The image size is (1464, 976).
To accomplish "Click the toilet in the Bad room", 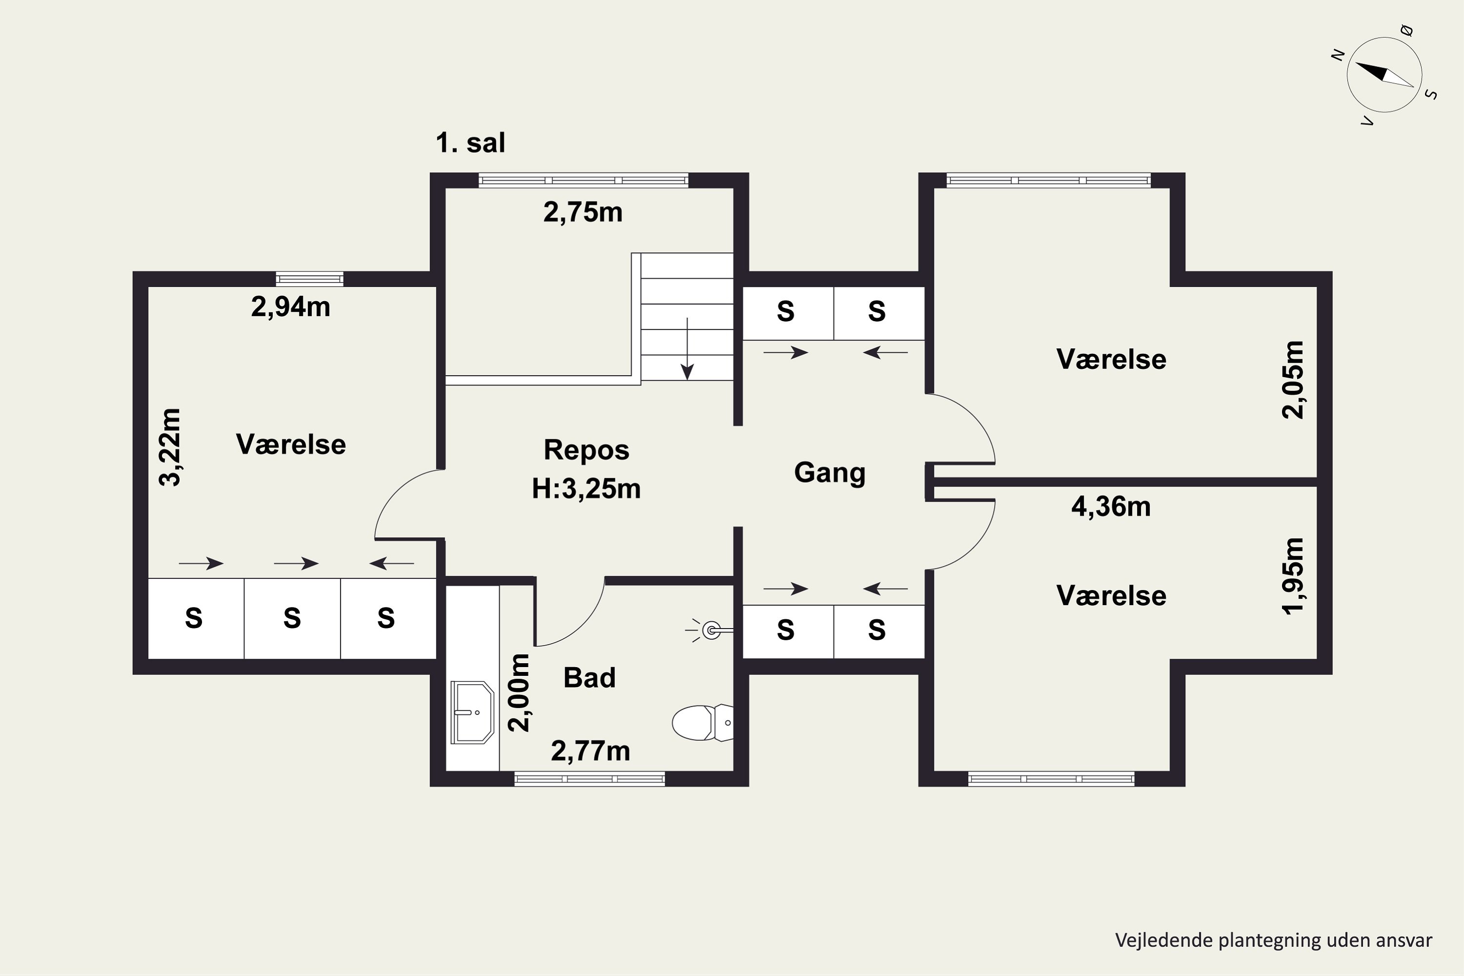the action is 703,723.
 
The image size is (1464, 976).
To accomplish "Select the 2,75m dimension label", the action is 583,212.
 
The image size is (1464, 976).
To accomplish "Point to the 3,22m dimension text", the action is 170,447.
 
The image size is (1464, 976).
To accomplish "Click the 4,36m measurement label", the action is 1111,507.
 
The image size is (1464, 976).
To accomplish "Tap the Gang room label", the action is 830,472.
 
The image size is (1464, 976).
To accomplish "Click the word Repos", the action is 587,450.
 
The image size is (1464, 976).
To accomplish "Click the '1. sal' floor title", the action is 470,142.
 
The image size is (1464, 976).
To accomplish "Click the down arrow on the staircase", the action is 687,348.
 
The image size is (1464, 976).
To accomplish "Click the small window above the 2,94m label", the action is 309,279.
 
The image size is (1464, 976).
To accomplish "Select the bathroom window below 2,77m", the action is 590,779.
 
